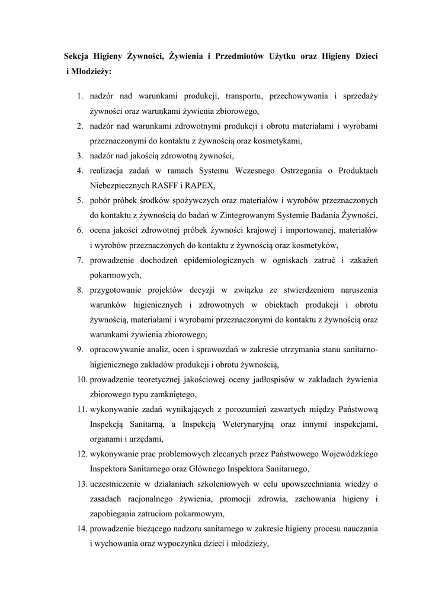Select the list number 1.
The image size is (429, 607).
(x=79, y=95)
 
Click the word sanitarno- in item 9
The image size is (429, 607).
(x=357, y=350)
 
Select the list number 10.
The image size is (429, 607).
(x=81, y=379)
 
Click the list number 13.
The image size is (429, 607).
(x=81, y=484)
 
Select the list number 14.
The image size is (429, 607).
(x=81, y=529)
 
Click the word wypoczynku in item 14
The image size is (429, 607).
(x=182, y=544)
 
